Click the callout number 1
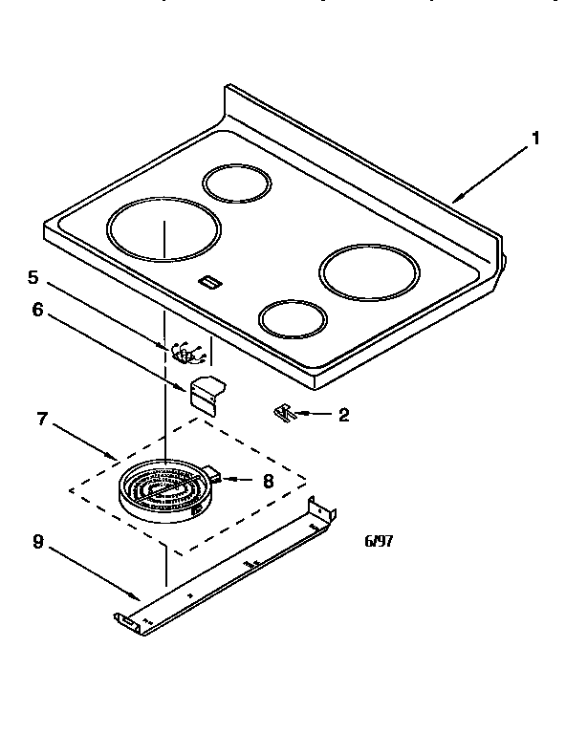[535, 139]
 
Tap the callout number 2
[343, 415]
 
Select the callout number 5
[33, 278]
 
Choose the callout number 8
[268, 482]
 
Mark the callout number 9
[37, 542]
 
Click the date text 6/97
[379, 541]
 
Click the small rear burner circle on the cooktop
[236, 183]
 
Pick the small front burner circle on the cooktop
[294, 319]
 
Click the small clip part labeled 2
[283, 412]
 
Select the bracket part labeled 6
[204, 392]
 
